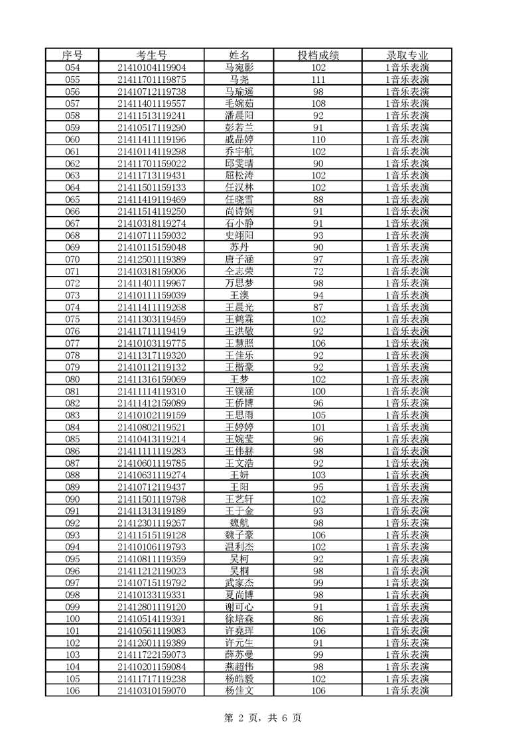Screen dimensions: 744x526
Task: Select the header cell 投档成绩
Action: coord(318,55)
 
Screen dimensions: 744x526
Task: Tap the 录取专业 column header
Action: coord(407,55)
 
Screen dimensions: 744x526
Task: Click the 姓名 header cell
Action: coord(239,55)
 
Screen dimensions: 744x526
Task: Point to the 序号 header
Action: coord(72,55)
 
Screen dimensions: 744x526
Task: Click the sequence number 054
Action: coord(72,68)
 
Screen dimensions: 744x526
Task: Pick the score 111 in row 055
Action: coord(318,80)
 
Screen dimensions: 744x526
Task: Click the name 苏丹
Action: coord(239,247)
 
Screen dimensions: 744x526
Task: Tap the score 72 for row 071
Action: coord(318,271)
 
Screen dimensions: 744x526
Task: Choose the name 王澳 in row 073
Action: coord(239,295)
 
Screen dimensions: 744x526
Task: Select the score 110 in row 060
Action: coord(318,139)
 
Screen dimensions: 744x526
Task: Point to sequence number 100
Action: coord(72,619)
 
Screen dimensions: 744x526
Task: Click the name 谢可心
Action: coord(239,607)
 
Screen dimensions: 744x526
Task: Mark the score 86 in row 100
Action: coord(318,619)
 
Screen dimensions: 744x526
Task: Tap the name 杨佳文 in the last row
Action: coord(239,690)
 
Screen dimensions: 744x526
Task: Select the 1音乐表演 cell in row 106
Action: coord(407,690)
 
